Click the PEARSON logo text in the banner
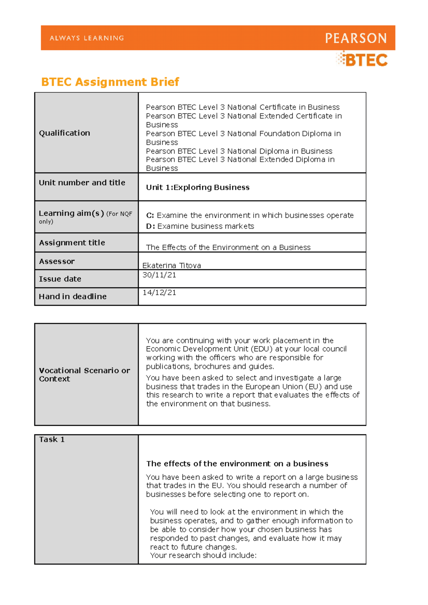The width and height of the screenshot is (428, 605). [356, 38]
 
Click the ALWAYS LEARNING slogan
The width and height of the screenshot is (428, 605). [87, 38]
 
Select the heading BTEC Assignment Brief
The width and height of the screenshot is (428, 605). [110, 82]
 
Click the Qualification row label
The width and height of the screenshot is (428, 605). [65, 133]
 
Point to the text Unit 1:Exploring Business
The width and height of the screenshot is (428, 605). [198, 187]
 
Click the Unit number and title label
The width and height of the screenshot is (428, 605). [82, 183]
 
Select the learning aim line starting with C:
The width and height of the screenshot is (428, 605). [250, 215]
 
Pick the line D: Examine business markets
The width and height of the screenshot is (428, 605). [200, 226]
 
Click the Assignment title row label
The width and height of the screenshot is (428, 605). [72, 243]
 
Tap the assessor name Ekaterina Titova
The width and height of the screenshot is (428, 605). [172, 265]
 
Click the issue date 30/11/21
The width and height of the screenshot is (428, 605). [159, 275]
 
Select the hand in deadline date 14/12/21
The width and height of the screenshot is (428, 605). [159, 293]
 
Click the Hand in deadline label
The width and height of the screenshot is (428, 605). [73, 296]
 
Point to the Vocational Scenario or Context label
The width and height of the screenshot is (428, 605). [84, 374]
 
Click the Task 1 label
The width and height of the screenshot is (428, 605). [52, 439]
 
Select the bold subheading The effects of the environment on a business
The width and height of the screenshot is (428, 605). [237, 464]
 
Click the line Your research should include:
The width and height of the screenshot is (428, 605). [203, 555]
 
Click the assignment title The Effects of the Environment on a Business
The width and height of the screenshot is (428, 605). [228, 247]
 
